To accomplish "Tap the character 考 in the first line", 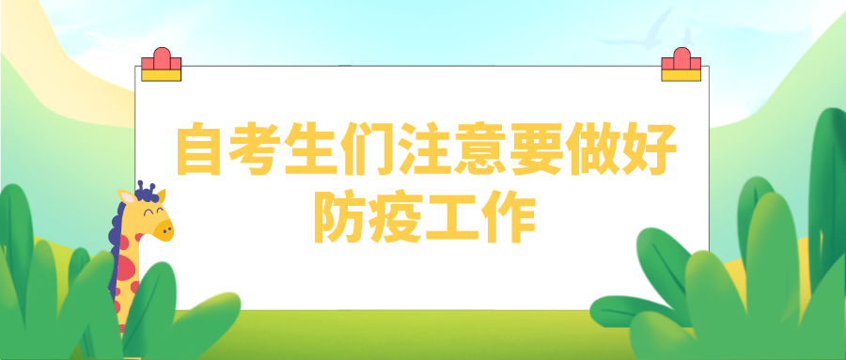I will click(257, 150).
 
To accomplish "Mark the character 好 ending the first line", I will click(645, 150).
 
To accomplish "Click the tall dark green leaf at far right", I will click(826, 188).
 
